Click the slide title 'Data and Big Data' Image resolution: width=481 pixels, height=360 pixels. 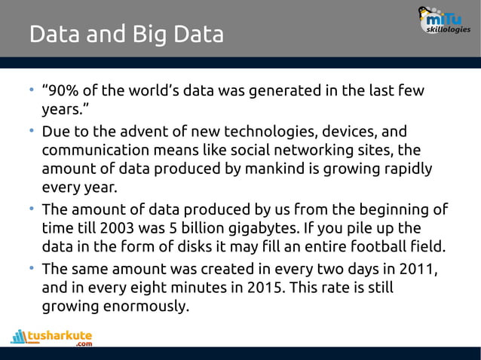coord(126,35)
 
